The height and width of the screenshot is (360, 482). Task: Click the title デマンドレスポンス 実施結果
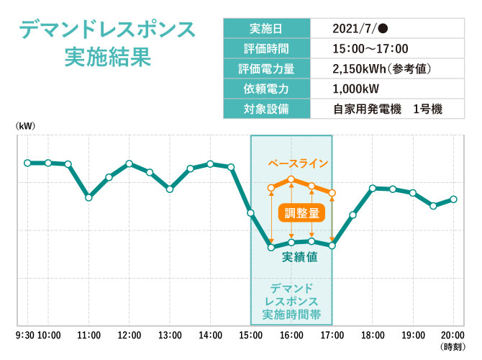pyautogui.click(x=107, y=44)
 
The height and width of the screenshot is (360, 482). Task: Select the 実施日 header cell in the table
pyautogui.click(x=266, y=29)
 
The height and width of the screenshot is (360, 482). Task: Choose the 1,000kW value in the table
pyautogui.click(x=356, y=89)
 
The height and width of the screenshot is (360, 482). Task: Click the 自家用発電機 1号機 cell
pyautogui.click(x=388, y=109)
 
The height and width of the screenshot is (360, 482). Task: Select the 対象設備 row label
pyautogui.click(x=266, y=109)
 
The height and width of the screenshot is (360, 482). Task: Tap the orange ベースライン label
pyautogui.click(x=298, y=163)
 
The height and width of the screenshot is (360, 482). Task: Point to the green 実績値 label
pyautogui.click(x=300, y=257)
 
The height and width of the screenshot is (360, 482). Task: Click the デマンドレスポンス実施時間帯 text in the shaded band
pyautogui.click(x=291, y=302)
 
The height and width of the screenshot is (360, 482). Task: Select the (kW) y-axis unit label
pyautogui.click(x=25, y=126)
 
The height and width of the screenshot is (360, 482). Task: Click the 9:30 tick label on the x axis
pyautogui.click(x=26, y=336)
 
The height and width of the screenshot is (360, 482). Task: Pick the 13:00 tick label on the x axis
pyautogui.click(x=170, y=336)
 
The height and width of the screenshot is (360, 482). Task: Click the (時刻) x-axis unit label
pyautogui.click(x=453, y=347)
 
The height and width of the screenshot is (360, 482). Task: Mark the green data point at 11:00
pyautogui.click(x=88, y=197)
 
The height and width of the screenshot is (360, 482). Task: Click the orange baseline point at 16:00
pyautogui.click(x=291, y=179)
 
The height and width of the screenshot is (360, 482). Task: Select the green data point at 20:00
pyautogui.click(x=453, y=199)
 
